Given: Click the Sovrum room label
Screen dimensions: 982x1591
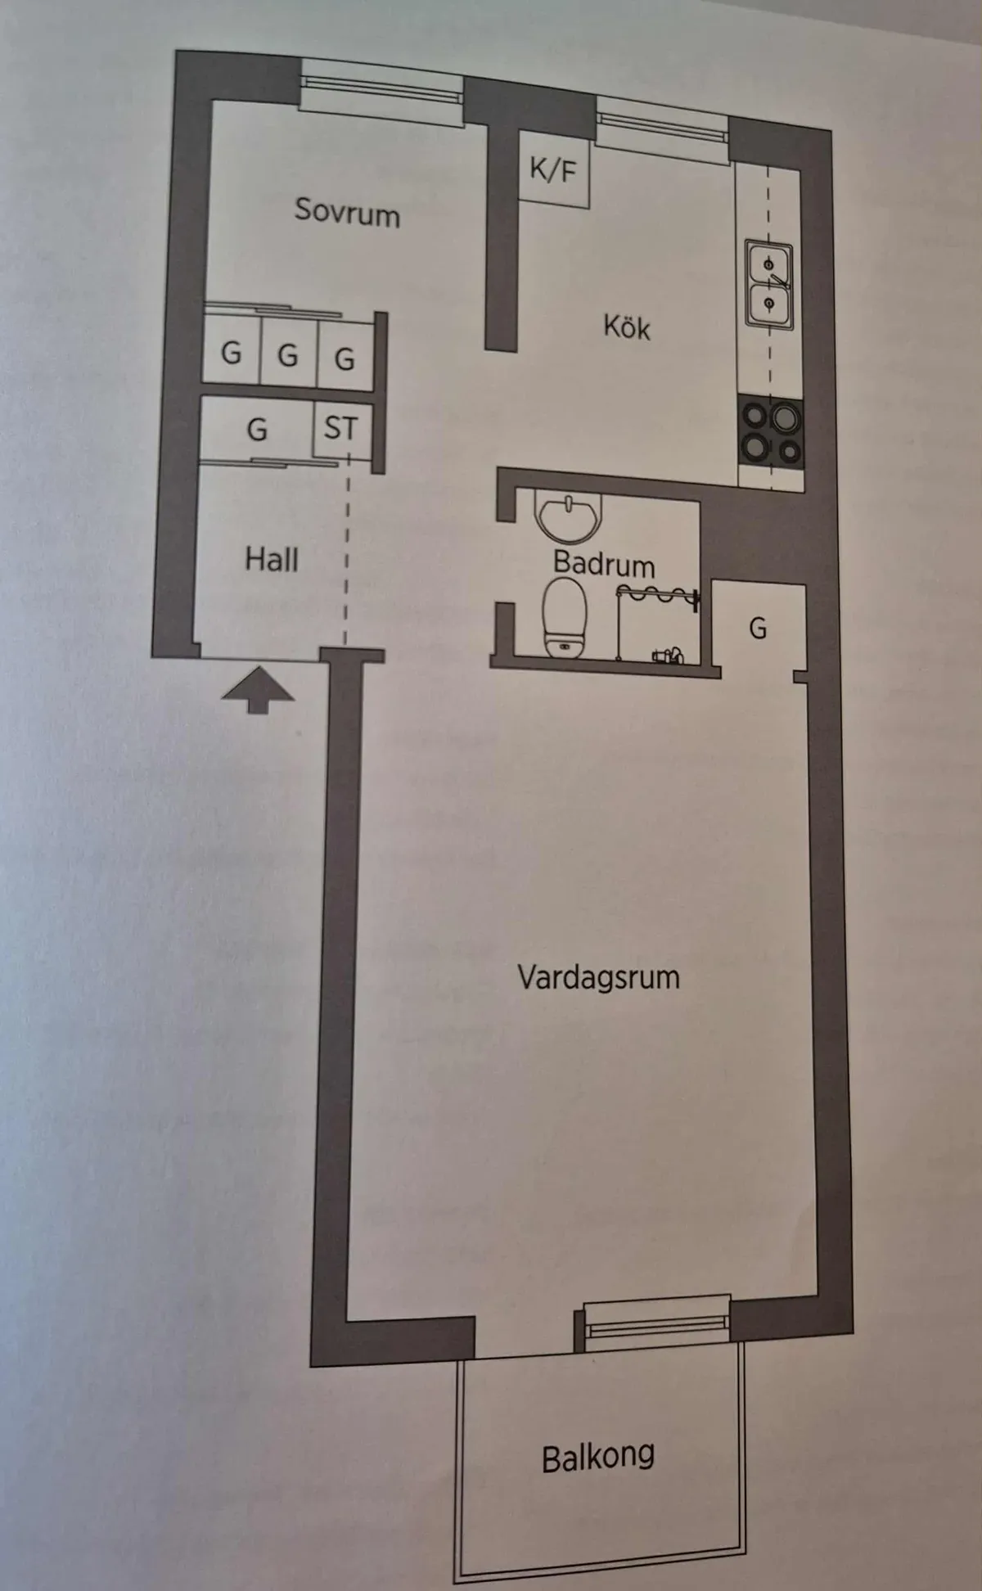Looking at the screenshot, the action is [347, 211].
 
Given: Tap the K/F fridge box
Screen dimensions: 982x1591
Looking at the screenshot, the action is [554, 171].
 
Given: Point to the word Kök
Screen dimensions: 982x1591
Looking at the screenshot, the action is [626, 327].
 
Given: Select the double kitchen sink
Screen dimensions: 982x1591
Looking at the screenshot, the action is [768, 284].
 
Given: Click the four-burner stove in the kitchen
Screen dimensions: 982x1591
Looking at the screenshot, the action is [771, 433].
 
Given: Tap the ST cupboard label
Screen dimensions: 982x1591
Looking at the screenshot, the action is [340, 428].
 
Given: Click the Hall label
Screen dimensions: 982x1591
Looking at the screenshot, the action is [272, 560].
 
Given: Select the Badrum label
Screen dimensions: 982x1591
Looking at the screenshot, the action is [604, 565].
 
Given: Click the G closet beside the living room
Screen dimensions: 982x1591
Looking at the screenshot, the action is [758, 629].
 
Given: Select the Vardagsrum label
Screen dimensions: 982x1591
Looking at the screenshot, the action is [598, 977].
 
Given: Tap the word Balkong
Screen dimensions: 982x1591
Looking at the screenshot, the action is [598, 1457].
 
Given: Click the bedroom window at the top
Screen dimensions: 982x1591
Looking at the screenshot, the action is [381, 92].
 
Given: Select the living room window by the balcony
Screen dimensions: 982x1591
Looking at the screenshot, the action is [657, 1324].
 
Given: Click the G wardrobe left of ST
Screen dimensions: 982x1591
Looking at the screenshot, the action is [257, 429].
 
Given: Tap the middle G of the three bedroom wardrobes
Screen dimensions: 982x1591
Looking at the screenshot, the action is [287, 355].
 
